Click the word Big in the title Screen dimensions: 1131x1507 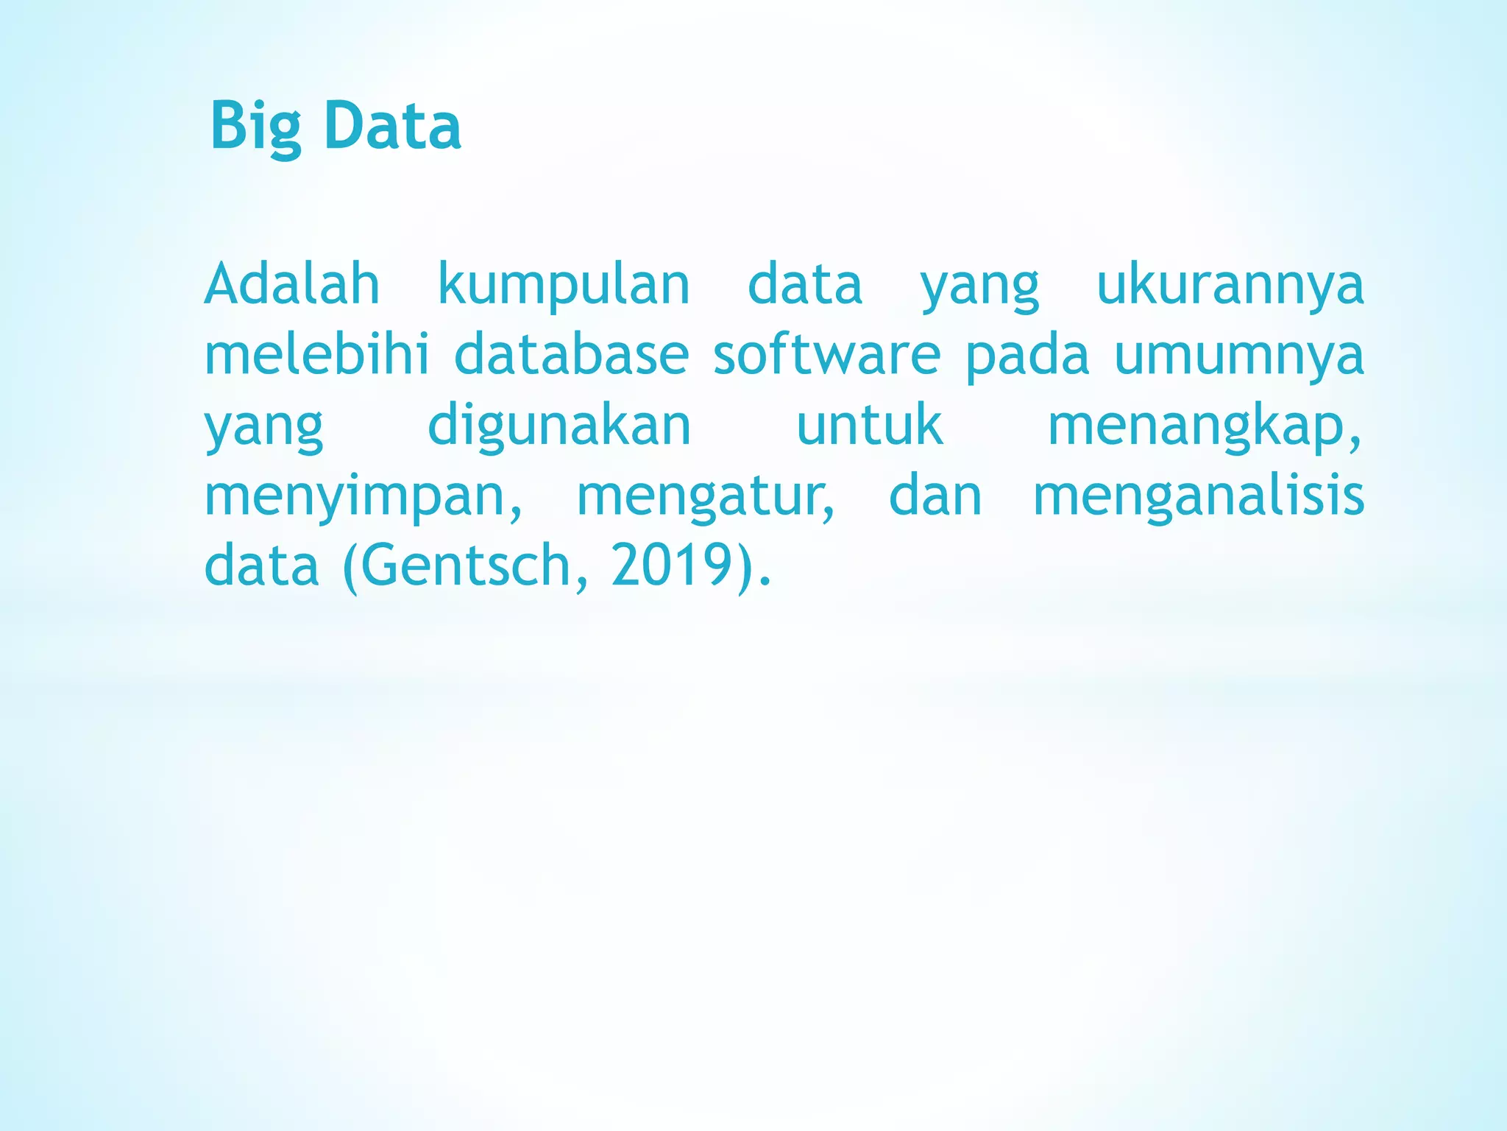coord(255,127)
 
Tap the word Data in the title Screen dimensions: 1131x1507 coord(392,127)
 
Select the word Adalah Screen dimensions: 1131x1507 coord(292,284)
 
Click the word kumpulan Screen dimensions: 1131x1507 coord(564,286)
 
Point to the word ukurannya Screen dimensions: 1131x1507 coord(1230,286)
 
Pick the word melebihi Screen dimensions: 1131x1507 coord(316,355)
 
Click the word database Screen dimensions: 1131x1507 coord(571,355)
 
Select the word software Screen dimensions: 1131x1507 coord(826,355)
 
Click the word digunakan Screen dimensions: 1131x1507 coord(559,427)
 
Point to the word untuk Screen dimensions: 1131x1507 coord(869,426)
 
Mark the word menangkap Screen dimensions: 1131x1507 coord(1203,427)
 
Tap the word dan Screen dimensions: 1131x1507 coord(935,496)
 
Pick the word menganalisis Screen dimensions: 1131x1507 coord(1199,498)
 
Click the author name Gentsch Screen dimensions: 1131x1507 coord(465,565)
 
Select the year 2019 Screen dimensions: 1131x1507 coord(670,565)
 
